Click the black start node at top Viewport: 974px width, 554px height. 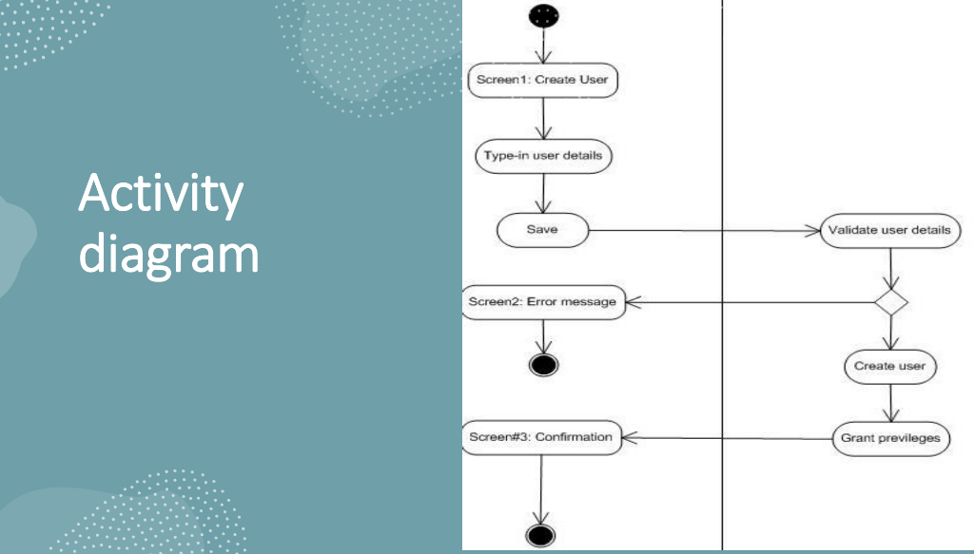click(x=543, y=15)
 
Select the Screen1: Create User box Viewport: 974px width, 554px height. click(x=543, y=80)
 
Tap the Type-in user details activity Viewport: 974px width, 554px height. click(x=543, y=156)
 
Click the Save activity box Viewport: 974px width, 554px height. click(x=542, y=229)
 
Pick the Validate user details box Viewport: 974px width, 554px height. click(x=889, y=230)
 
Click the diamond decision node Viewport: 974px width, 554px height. click(x=891, y=303)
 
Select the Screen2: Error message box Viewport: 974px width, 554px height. click(x=543, y=303)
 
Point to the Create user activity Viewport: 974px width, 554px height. click(x=889, y=366)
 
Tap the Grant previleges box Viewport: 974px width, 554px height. click(x=890, y=438)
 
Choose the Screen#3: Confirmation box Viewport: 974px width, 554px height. click(x=541, y=438)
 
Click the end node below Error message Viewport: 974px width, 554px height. click(x=543, y=364)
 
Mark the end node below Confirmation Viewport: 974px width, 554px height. click(x=540, y=535)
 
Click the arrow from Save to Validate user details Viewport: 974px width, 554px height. click(x=704, y=230)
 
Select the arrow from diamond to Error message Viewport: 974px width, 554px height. click(x=751, y=303)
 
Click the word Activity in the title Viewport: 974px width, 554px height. click(x=160, y=195)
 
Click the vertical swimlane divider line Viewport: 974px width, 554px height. click(x=723, y=143)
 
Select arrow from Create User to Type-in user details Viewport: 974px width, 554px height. click(x=543, y=118)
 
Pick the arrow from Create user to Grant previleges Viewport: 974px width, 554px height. click(x=889, y=402)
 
